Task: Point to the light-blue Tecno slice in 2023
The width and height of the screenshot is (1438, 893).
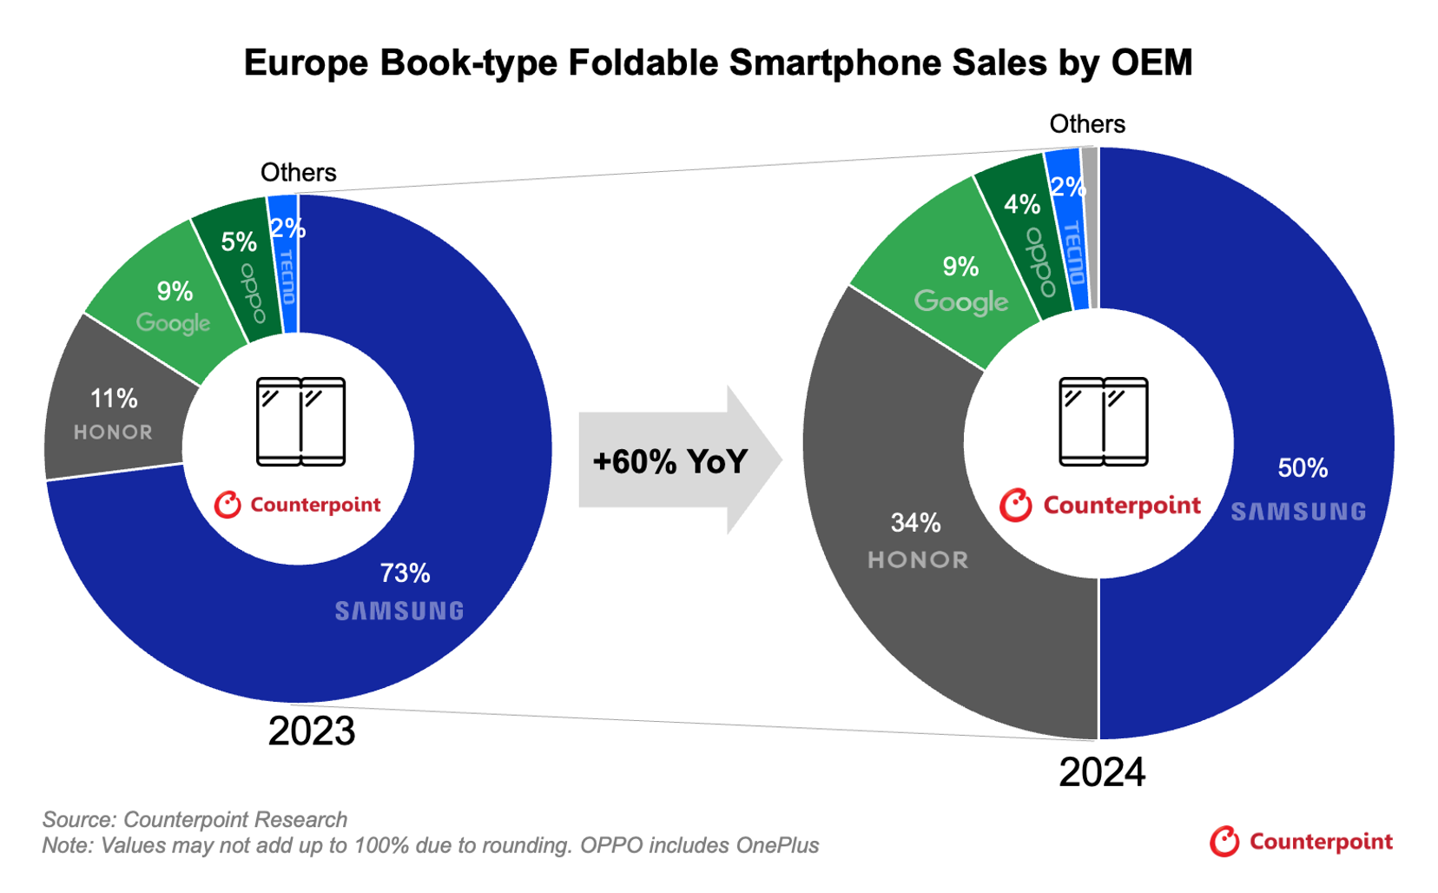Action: pyautogui.click(x=285, y=269)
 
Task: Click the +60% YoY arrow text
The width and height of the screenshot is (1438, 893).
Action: pyautogui.click(x=670, y=461)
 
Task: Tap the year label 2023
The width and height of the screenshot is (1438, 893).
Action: pyautogui.click(x=311, y=731)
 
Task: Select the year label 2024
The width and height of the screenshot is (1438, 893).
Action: pyautogui.click(x=1101, y=772)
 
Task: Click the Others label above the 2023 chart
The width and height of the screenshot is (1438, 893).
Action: pyautogui.click(x=298, y=172)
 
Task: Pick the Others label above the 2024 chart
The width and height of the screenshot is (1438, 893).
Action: pyautogui.click(x=1086, y=124)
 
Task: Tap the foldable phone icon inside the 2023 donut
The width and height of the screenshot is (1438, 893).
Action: pyautogui.click(x=300, y=421)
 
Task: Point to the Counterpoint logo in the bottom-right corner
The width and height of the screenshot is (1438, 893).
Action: pyautogui.click(x=1301, y=842)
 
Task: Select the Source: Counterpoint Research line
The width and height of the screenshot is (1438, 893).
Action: pyautogui.click(x=195, y=819)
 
